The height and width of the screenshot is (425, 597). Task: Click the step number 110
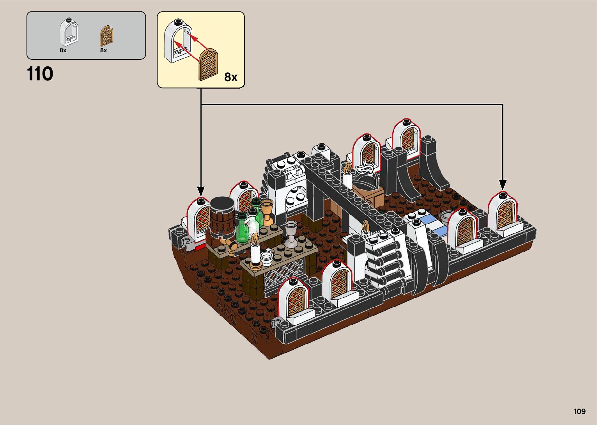[40, 74]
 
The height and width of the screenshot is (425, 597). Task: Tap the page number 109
[579, 411]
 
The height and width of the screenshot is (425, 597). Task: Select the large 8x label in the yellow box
[231, 77]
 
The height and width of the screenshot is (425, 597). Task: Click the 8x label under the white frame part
[63, 50]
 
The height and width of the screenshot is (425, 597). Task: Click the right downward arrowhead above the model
[503, 185]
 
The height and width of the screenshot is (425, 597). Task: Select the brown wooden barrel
[222, 219]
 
